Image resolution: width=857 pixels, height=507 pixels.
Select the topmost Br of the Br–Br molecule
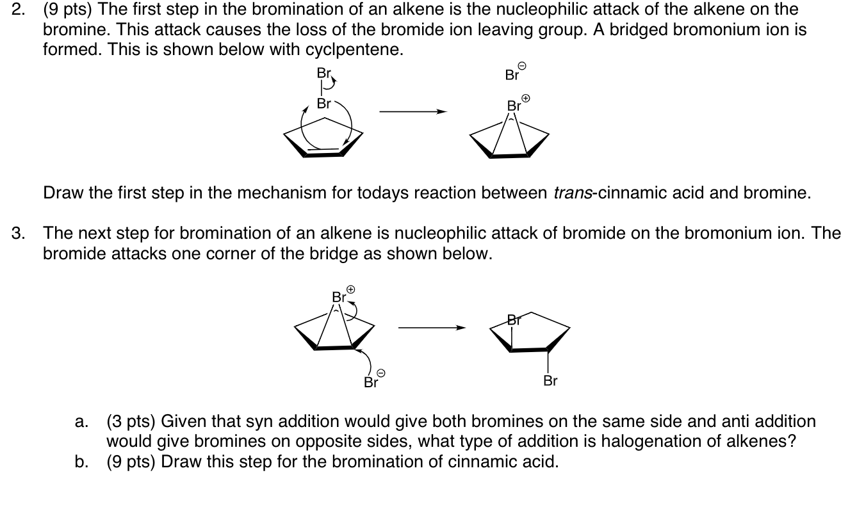coord(323,73)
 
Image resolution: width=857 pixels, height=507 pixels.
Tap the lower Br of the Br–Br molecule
coord(324,104)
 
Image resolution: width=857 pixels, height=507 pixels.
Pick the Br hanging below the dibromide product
coord(550,382)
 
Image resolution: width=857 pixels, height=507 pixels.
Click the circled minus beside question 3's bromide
coord(380,373)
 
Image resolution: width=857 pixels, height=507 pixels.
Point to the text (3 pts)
coord(131,422)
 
